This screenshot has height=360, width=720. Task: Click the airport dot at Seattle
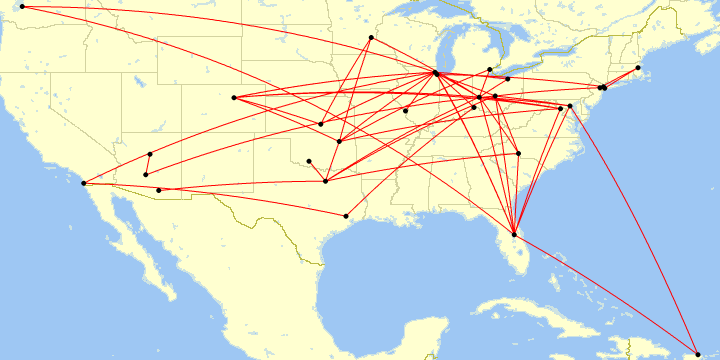tap(22, 7)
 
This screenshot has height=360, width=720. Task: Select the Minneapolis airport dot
tap(371, 38)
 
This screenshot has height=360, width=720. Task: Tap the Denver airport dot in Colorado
tap(233, 97)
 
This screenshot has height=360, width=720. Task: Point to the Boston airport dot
tap(638, 68)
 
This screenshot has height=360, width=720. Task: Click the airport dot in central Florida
tap(514, 234)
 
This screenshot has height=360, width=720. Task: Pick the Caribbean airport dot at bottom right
tap(698, 354)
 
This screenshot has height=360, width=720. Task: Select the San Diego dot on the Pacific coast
tap(83, 183)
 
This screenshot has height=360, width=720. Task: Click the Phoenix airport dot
tap(146, 175)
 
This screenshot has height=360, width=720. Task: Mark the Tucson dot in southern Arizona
tap(159, 190)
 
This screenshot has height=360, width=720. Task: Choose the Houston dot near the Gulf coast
tap(346, 216)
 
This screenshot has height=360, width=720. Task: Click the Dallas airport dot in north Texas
tap(326, 181)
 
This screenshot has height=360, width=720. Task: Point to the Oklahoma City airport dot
tap(309, 161)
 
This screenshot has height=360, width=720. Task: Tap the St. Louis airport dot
tap(405, 111)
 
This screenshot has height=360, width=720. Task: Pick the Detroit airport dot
tap(489, 70)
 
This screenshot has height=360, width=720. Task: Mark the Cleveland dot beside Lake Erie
tap(508, 79)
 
